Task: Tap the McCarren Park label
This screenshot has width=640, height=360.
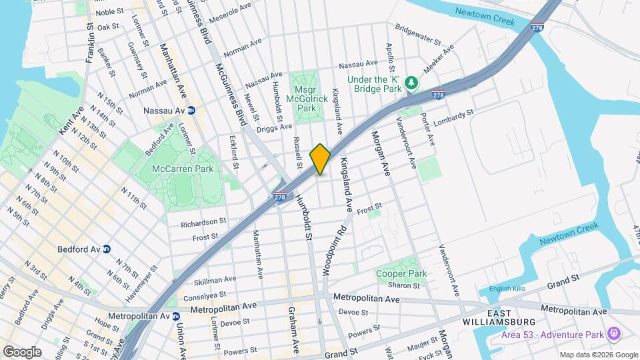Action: click(182, 169)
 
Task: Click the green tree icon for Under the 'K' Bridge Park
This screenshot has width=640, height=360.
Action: click(413, 83)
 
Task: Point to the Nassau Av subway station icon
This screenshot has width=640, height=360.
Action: click(191, 110)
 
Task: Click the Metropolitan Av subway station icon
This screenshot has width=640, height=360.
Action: click(176, 317)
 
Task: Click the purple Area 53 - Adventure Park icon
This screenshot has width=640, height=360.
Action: click(614, 334)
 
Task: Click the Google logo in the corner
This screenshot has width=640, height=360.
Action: click(22, 352)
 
